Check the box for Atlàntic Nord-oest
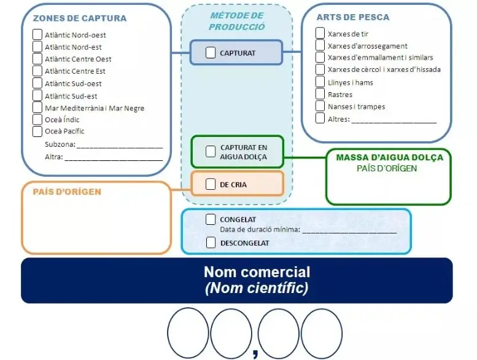tap(37, 34)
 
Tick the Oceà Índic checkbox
tap(37, 119)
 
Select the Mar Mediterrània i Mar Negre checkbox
tap(37, 107)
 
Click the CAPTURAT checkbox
tap(211, 52)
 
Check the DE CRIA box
tap(211, 184)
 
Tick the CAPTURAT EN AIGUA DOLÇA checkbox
tap(211, 151)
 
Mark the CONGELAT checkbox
tap(211, 219)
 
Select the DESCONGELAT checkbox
tap(211, 243)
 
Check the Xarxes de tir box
tap(320, 33)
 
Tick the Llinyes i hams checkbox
tap(320, 82)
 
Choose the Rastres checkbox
tap(320, 94)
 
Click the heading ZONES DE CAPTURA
tap(80, 18)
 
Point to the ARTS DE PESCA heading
tap(353, 17)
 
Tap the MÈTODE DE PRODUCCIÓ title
tap(237, 22)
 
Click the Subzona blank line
tap(120, 147)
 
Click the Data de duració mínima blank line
tap(349, 232)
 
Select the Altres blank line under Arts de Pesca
tap(394, 123)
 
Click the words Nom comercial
tap(257, 272)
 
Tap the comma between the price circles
tap(255, 353)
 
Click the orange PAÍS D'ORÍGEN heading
tap(67, 192)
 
